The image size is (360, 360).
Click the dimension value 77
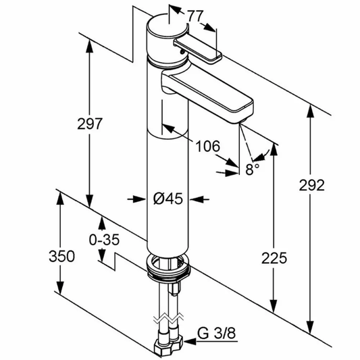coord(196,16)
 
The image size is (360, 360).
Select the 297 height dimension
coord(89,124)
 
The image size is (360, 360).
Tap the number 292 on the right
coord(311,185)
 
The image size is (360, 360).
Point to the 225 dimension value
coord(274,257)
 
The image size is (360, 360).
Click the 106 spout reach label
coord(208,146)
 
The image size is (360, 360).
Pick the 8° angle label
coord(252,170)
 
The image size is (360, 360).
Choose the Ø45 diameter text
coord(168,199)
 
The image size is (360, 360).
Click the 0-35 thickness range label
coord(104,240)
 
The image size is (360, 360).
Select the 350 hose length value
coord(61,256)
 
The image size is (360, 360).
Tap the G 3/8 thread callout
coord(217,333)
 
